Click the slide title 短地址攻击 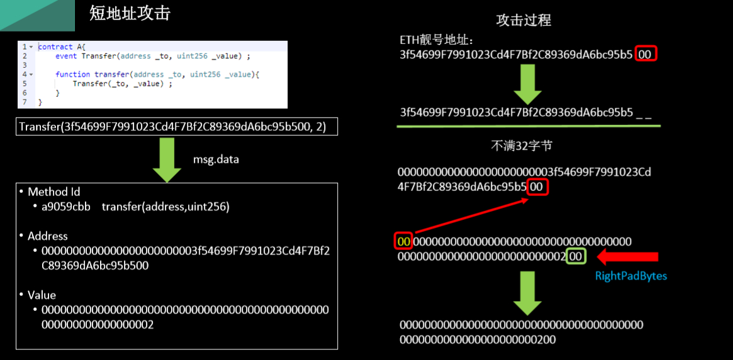point(130,14)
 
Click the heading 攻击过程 point(523,20)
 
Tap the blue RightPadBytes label point(630,276)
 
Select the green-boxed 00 point(575,256)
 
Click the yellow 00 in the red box point(403,241)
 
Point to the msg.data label point(216,160)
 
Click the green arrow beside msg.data point(167,160)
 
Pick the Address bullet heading point(47,236)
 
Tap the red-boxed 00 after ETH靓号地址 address point(646,55)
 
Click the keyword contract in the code point(55,47)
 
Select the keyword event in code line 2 point(67,56)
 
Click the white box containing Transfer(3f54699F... point(178,127)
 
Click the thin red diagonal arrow point(469,217)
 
